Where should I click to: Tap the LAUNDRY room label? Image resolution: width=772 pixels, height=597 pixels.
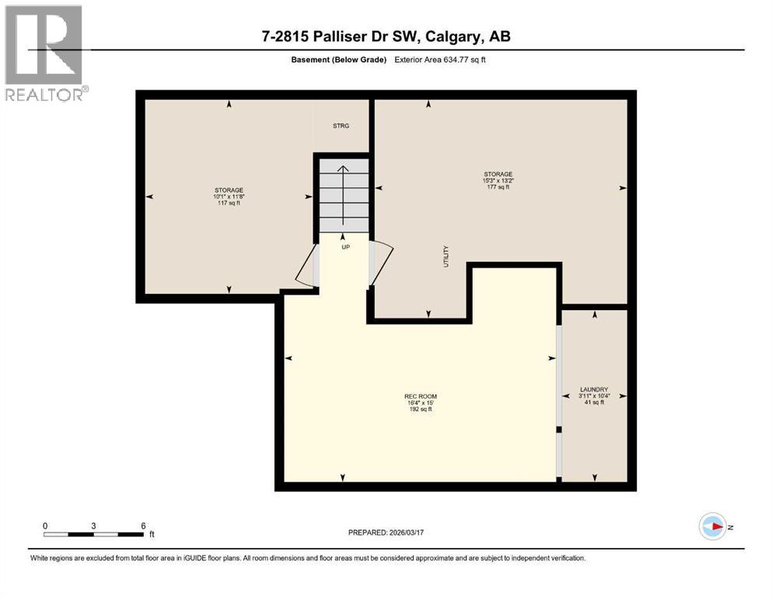(594, 395)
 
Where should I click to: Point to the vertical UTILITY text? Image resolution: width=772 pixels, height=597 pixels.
(446, 256)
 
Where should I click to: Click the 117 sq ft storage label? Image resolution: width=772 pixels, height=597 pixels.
(229, 197)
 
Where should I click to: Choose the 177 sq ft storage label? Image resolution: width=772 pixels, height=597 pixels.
(498, 180)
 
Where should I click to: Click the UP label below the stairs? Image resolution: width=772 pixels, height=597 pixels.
(345, 246)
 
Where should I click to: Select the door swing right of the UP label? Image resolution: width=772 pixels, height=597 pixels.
(382, 260)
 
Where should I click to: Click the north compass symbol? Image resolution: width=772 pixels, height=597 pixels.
(713, 526)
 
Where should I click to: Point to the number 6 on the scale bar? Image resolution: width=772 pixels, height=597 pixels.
(142, 525)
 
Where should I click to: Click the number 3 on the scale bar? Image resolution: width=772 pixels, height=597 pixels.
(94, 525)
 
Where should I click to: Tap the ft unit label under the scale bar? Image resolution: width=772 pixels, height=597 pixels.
(152, 535)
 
